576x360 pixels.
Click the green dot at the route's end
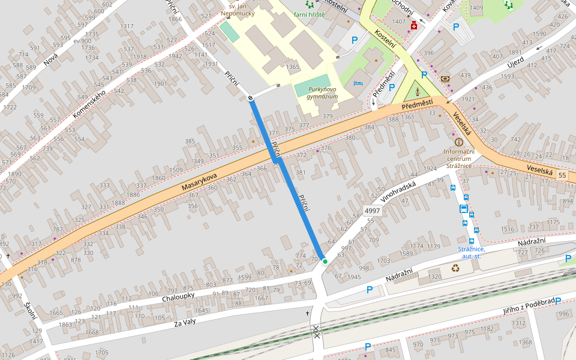[325, 262]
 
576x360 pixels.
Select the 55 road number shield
[562, 175]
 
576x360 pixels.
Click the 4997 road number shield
[373, 211]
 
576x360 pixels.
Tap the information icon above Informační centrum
[459, 142]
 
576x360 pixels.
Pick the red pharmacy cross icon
[414, 26]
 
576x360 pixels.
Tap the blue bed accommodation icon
[359, 82]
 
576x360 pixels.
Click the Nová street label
[50, 58]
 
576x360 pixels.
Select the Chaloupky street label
[178, 296]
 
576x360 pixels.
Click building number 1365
[293, 67]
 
